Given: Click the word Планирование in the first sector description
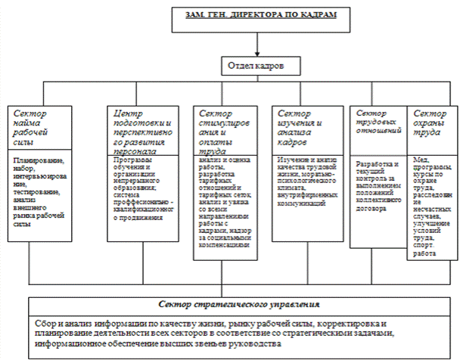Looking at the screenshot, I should click(37, 161).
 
